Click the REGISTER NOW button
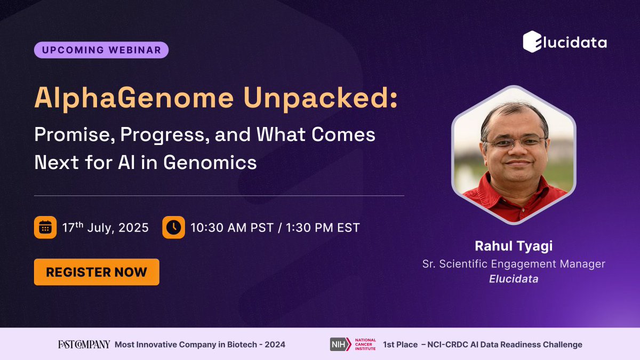click(97, 272)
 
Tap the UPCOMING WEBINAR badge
click(101, 50)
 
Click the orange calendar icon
click(45, 228)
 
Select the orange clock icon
click(173, 228)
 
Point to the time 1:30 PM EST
click(323, 228)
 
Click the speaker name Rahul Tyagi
click(514, 246)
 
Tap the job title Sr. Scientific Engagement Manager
click(514, 263)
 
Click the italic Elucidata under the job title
click(514, 278)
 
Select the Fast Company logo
click(84, 345)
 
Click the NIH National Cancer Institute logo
click(353, 345)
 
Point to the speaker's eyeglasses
click(515, 142)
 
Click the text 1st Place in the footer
click(400, 345)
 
